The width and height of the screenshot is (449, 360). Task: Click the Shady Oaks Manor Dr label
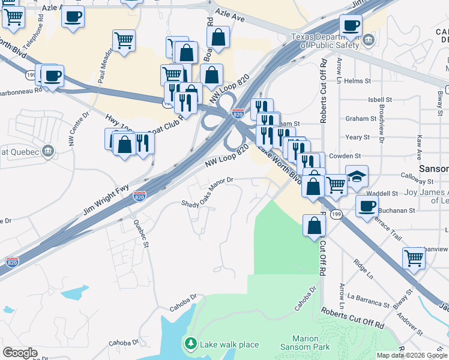point(207,192)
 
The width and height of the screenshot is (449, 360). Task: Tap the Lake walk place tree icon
point(191,344)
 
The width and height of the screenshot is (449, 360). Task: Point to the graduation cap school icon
point(357,176)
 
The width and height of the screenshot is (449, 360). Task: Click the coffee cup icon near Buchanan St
point(367,206)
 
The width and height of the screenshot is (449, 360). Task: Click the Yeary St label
point(358,137)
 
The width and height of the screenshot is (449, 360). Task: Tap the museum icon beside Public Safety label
point(369,41)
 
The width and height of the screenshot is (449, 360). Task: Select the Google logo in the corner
point(20,353)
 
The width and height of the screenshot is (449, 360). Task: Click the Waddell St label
point(387,193)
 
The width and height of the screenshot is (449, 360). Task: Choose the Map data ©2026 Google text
point(411,355)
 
